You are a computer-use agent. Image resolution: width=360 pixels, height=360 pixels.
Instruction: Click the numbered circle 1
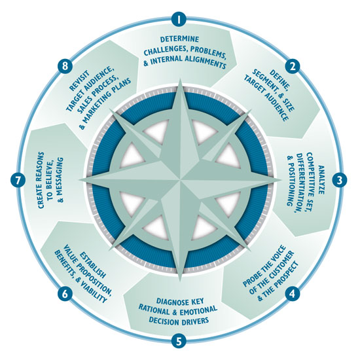tap(179, 19)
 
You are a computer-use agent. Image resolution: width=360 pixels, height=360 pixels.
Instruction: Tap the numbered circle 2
tap(293, 66)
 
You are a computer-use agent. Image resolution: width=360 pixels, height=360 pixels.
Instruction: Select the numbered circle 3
tap(339, 180)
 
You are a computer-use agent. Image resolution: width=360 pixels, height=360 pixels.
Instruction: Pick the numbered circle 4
tap(293, 293)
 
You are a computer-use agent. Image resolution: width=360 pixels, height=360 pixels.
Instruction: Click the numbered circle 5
tap(179, 340)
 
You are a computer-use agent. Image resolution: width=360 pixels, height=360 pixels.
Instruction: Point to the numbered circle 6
tap(65, 293)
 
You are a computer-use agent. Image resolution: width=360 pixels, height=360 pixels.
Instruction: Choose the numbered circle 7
tap(18, 180)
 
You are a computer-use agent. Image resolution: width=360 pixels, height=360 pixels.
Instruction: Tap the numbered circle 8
tap(65, 66)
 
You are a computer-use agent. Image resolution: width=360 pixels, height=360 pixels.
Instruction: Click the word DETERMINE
tap(179, 39)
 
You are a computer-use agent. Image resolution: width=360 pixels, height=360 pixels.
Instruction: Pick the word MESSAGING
tap(61, 179)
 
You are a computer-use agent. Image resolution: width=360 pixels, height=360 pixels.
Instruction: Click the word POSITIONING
tap(291, 181)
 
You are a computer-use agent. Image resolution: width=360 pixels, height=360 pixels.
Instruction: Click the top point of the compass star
tap(181, 79)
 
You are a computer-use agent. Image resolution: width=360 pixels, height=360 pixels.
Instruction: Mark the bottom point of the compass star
tap(180, 280)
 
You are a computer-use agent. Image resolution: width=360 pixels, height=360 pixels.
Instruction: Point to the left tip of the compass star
tap(79, 180)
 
